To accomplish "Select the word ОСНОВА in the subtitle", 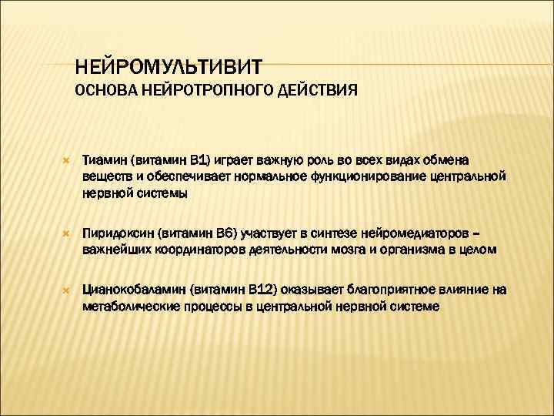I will [105, 91].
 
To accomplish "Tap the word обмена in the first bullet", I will [472, 159].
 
